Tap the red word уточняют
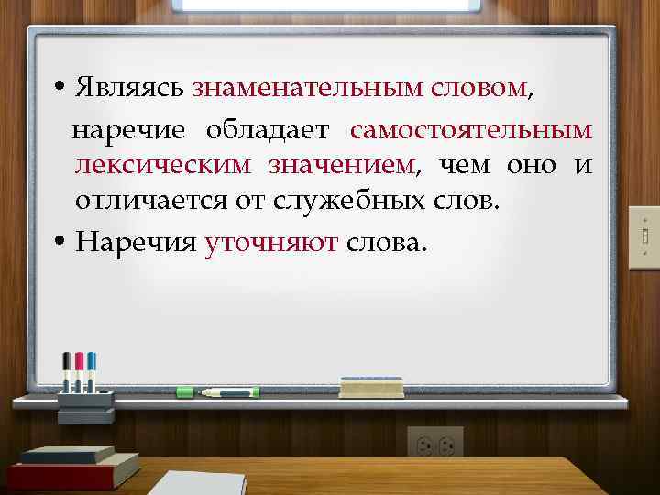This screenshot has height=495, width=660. [272, 243]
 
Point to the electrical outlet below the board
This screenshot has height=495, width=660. [435, 444]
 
